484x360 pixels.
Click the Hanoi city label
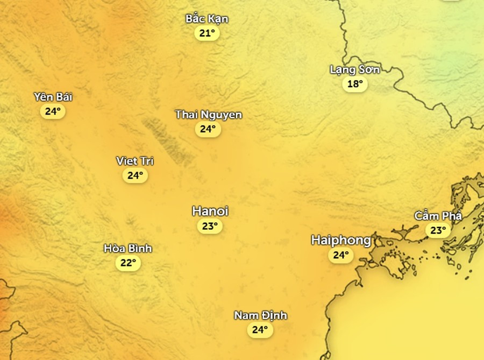pyautogui.click(x=210, y=211)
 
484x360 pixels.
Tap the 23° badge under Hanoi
pyautogui.click(x=210, y=226)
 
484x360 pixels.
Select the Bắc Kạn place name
pyautogui.click(x=207, y=19)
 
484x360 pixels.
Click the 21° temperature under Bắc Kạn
pyautogui.click(x=207, y=33)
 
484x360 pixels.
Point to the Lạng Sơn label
pyautogui.click(x=355, y=69)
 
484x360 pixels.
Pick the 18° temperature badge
pyautogui.click(x=355, y=84)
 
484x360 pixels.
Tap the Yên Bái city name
pyautogui.click(x=53, y=97)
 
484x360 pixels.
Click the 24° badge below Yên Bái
pyautogui.click(x=53, y=111)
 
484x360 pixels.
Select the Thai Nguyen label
pyautogui.click(x=208, y=115)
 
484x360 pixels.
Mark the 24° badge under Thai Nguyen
pyautogui.click(x=208, y=129)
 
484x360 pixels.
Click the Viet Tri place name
pyautogui.click(x=135, y=161)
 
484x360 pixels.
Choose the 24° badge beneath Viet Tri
pyautogui.click(x=135, y=175)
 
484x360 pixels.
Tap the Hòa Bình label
pyautogui.click(x=127, y=249)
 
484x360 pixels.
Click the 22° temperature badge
pyautogui.click(x=127, y=263)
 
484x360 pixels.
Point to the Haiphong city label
pyautogui.click(x=341, y=240)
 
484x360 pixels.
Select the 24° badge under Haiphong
pyautogui.click(x=341, y=255)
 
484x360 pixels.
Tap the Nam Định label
pyautogui.click(x=260, y=315)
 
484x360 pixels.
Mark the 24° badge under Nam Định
pyautogui.click(x=260, y=330)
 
